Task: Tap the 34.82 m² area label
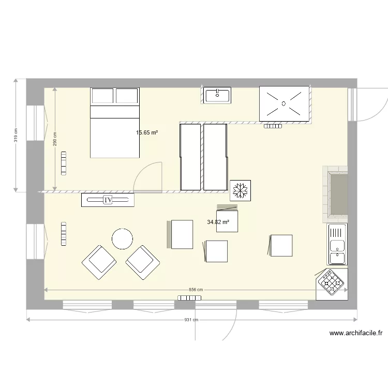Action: tap(218, 222)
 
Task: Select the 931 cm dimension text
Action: tap(191, 320)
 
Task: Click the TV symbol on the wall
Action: tap(108, 200)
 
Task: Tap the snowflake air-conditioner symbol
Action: tap(240, 190)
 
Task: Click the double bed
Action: tap(115, 123)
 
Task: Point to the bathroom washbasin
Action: tap(217, 95)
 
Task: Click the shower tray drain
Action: tap(283, 103)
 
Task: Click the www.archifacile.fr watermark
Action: tap(355, 334)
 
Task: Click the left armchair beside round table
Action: tap(98, 262)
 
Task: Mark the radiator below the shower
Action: tap(273, 126)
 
